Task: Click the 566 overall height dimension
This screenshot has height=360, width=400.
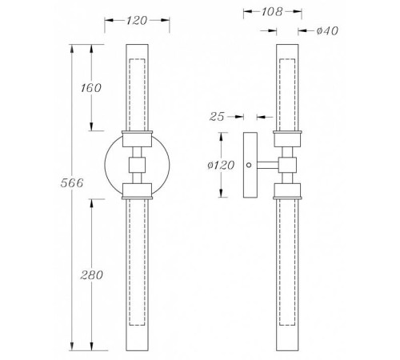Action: pyautogui.click(x=72, y=183)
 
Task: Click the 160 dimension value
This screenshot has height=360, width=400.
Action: pyautogui.click(x=91, y=88)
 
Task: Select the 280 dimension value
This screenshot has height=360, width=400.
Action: pyautogui.click(x=91, y=275)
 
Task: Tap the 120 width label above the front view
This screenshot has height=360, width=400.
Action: pyautogui.click(x=137, y=21)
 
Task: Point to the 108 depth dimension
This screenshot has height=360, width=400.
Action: pyautogui.click(x=271, y=12)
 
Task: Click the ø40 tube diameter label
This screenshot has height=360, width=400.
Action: pyautogui.click(x=327, y=31)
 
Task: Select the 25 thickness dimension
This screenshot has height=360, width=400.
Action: pyautogui.click(x=217, y=117)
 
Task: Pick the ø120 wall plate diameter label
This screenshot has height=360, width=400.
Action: pyautogui.click(x=221, y=166)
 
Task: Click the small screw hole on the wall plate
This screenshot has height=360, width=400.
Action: pyautogui.click(x=249, y=165)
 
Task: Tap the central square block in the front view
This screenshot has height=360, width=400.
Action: pyautogui.click(x=137, y=165)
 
